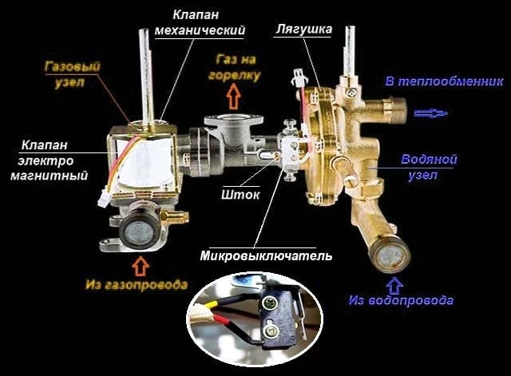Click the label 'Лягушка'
(x=303, y=30)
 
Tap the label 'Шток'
(x=240, y=195)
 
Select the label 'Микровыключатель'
(x=266, y=255)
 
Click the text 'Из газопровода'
(x=137, y=284)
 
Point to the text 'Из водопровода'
(x=401, y=300)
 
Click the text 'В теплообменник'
(x=444, y=81)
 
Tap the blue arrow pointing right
(x=431, y=113)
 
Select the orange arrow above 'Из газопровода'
(x=141, y=266)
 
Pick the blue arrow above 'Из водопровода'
(x=394, y=286)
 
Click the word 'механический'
(x=200, y=30)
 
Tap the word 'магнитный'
(x=50, y=176)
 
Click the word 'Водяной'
(x=429, y=160)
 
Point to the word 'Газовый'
(x=72, y=67)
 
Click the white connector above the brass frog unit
(x=299, y=76)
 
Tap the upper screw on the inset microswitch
(x=269, y=304)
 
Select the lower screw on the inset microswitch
(x=269, y=331)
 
